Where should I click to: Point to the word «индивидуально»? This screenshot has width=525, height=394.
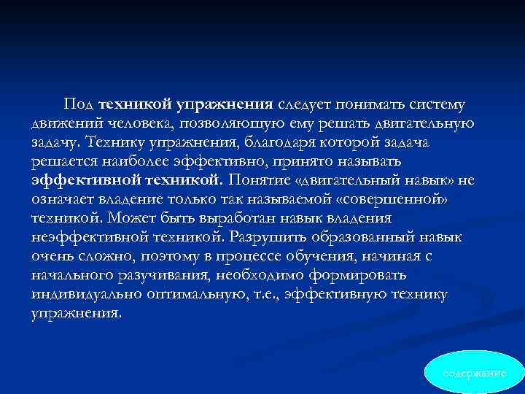[82, 293]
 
